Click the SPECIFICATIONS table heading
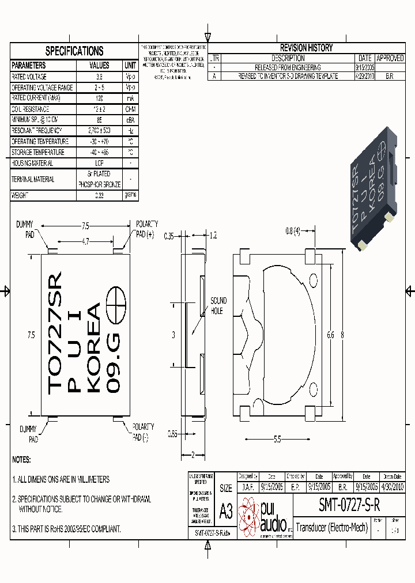point(74,51)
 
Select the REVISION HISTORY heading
point(306,48)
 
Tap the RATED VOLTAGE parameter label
point(29,77)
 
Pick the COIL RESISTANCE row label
point(31,109)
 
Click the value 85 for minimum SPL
point(100,120)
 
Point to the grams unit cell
point(130,195)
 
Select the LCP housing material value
point(99,163)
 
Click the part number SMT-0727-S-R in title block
point(349,505)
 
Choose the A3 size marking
point(226,510)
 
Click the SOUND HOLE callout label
point(218,305)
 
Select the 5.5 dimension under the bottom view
point(277,440)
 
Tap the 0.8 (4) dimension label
point(293,232)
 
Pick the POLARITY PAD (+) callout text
point(146,229)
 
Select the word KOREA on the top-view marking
point(93,347)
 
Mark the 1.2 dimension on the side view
point(213,236)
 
